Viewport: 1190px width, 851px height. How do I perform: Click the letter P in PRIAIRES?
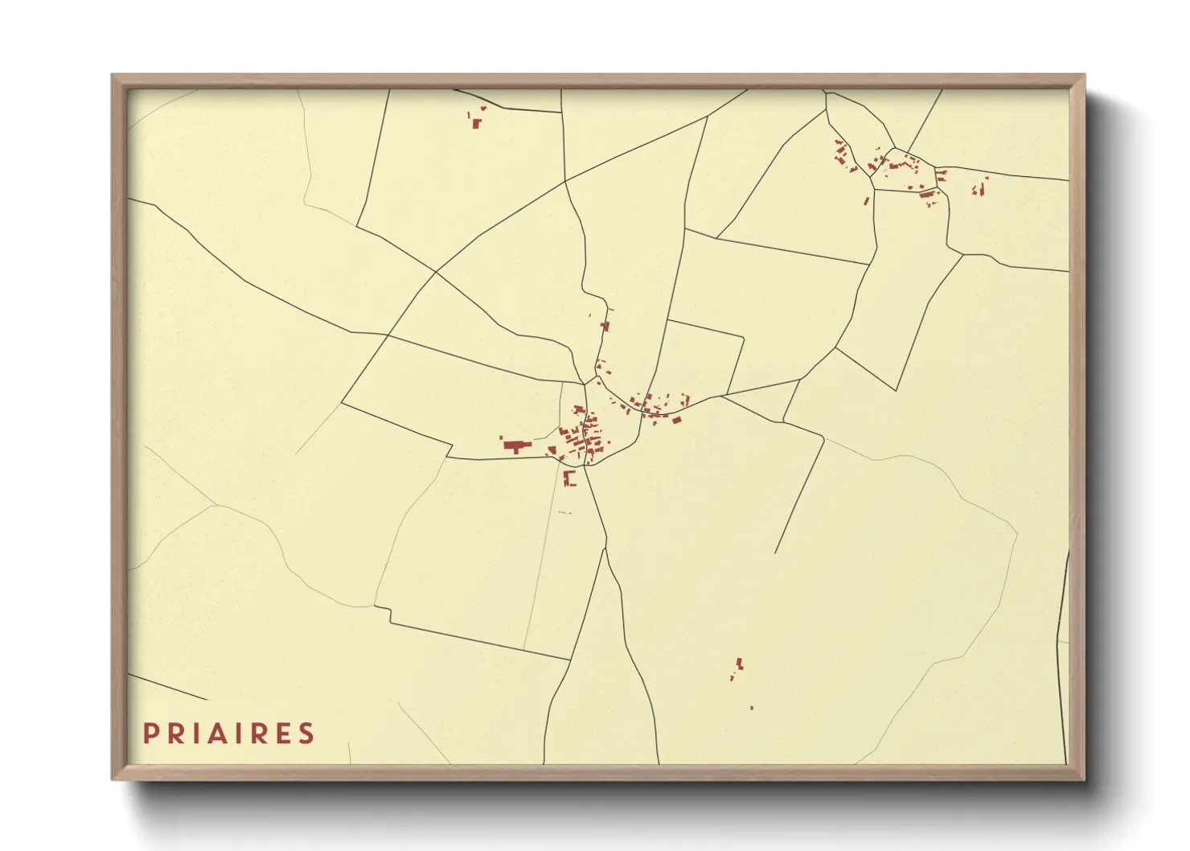click(x=150, y=734)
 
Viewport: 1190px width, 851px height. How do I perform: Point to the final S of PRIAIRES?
click(x=306, y=734)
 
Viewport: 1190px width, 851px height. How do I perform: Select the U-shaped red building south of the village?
click(x=569, y=479)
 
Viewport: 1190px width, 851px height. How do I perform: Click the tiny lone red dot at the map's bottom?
click(x=752, y=708)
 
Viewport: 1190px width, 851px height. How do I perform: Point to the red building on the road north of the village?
click(x=605, y=325)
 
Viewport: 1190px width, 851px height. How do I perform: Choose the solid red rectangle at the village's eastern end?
click(x=677, y=419)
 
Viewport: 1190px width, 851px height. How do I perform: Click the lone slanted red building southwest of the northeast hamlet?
click(x=867, y=199)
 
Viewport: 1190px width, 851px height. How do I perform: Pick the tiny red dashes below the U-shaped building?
click(x=564, y=512)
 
